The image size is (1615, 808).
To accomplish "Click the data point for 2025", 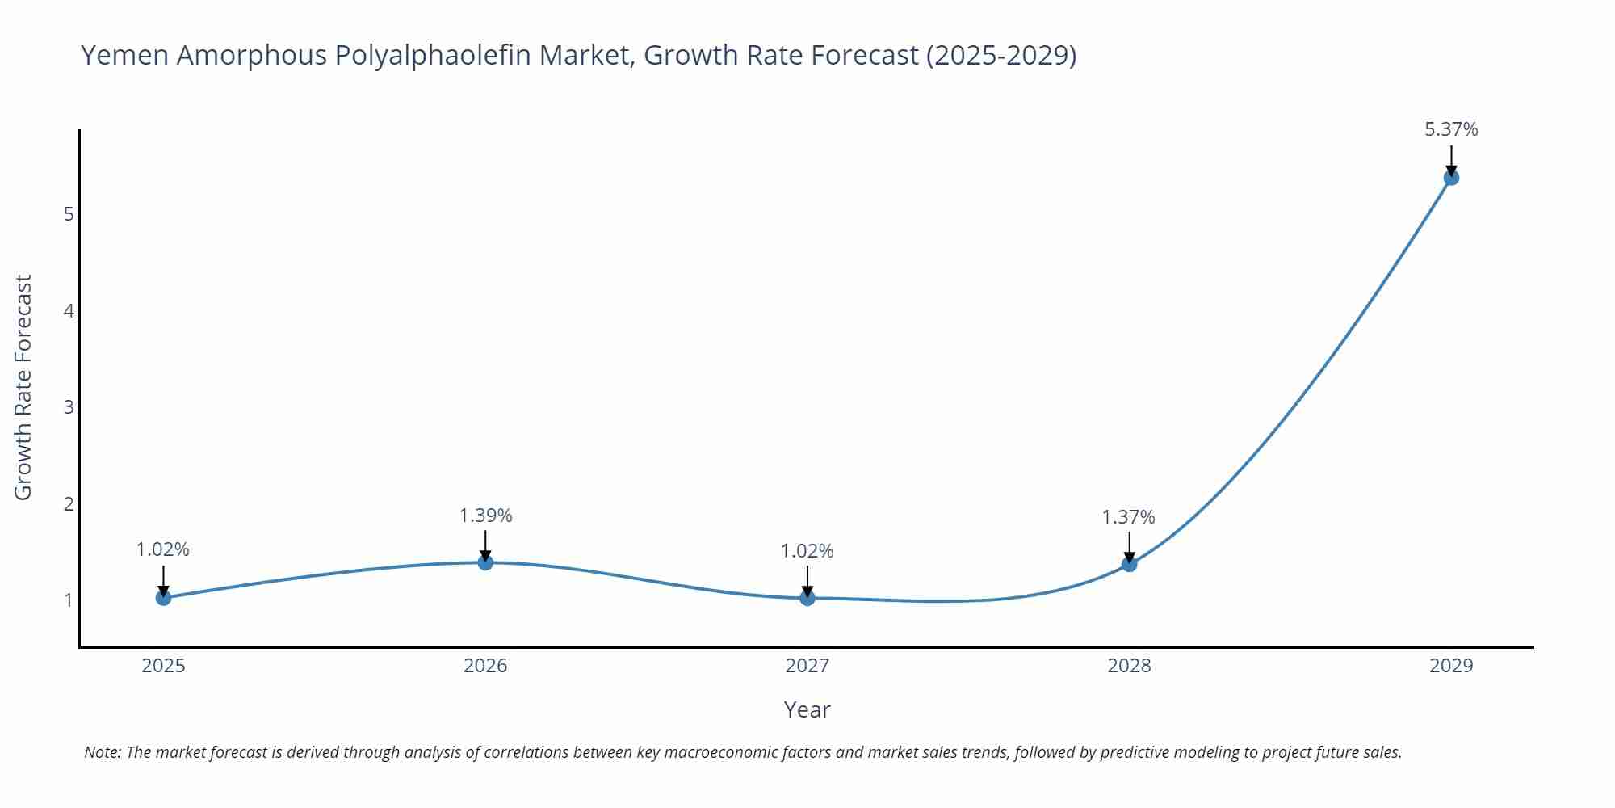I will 163,597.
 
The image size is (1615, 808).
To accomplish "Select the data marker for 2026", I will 485,562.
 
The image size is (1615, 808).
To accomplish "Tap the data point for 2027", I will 807,597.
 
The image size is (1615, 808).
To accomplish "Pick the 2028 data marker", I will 1129,564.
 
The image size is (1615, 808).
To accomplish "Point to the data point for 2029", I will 1451,177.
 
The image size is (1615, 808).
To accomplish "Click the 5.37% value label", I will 1451,129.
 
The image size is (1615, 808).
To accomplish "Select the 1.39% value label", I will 485,516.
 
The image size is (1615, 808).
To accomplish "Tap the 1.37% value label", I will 1129,517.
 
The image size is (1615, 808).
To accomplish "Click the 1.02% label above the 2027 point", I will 807,551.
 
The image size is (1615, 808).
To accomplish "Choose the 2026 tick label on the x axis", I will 485,666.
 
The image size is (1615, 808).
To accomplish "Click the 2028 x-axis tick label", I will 1129,666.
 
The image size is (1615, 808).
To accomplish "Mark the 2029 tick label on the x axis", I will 1451,666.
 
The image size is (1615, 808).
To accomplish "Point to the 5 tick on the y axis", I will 69,214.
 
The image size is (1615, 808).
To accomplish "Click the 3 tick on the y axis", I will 69,406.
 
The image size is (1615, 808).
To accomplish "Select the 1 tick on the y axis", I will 69,600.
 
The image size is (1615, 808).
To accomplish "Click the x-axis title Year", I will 807,709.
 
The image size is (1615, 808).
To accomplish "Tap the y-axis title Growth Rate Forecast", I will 23,387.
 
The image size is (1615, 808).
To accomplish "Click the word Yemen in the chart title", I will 124,55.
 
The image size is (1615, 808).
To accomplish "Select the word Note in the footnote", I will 102,752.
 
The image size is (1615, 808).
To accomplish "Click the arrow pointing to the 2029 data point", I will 1451,160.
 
